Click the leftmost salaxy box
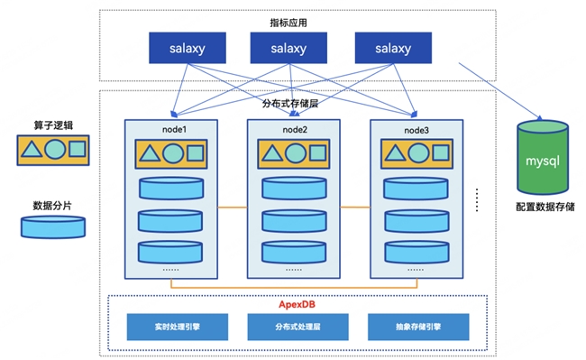tap(188, 48)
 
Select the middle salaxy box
tap(288, 48)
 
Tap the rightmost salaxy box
tap(393, 48)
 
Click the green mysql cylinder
tap(543, 157)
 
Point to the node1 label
tap(174, 130)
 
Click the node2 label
tap(295, 130)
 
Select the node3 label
tap(417, 131)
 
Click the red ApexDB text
tap(297, 304)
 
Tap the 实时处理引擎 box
tap(178, 327)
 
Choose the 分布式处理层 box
tap(298, 327)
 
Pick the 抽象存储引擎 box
tap(418, 327)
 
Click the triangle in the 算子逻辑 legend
tap(32, 150)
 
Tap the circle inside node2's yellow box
tap(296, 153)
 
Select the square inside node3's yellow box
tap(441, 152)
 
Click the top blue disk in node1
tap(171, 189)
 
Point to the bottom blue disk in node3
tap(417, 252)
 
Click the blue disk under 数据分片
tap(53, 227)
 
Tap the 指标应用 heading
tap(288, 23)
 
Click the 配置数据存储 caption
tap(545, 207)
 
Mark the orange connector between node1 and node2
tap(233, 208)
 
